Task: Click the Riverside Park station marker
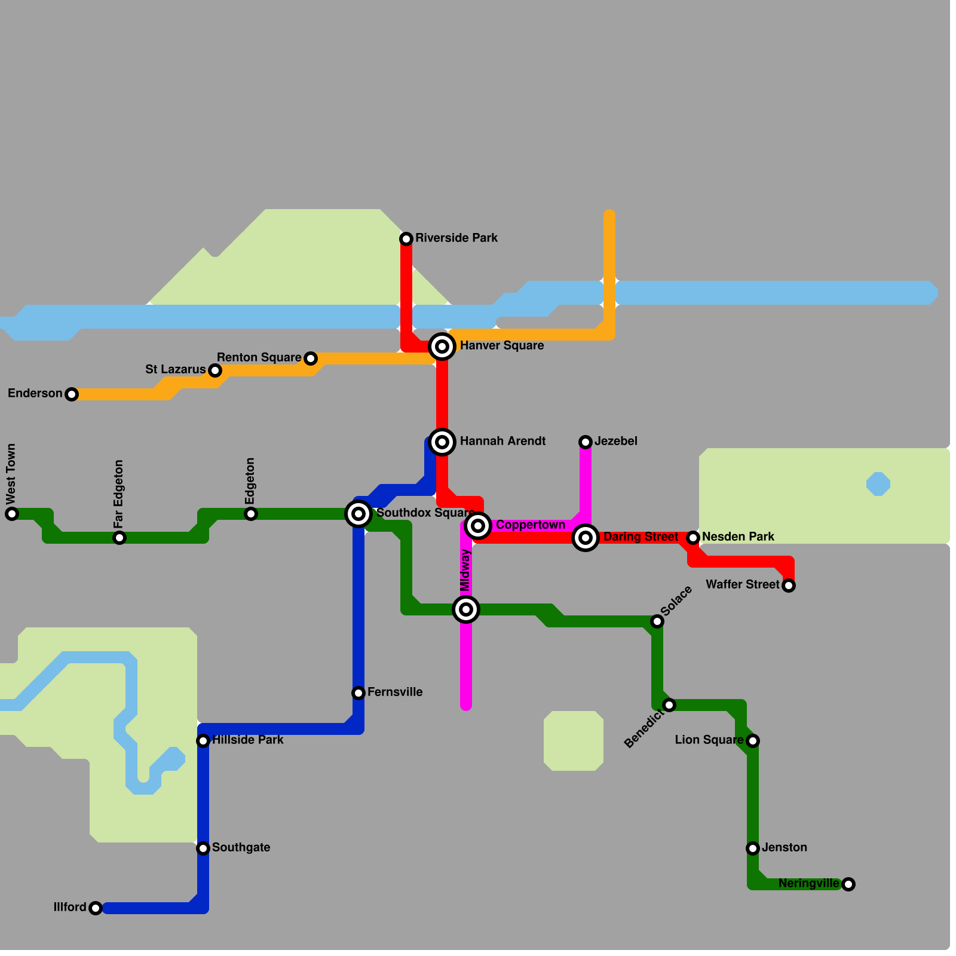point(406,239)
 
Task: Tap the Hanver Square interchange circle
point(442,347)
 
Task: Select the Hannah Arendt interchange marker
point(442,442)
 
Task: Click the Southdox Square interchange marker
point(358,514)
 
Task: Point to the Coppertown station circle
point(478,526)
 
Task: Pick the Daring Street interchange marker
point(586,538)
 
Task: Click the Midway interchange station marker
point(466,609)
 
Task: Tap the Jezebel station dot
point(586,442)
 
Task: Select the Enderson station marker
point(72,394)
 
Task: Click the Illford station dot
point(96,908)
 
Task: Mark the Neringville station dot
point(848,884)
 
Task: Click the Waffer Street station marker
point(789,586)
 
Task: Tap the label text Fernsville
point(395,692)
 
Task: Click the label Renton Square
point(259,357)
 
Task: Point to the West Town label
point(11,473)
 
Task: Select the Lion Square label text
point(709,740)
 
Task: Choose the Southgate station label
point(241,847)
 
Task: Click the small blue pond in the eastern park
point(878,484)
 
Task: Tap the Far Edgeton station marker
point(119,538)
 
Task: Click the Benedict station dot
point(669,705)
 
